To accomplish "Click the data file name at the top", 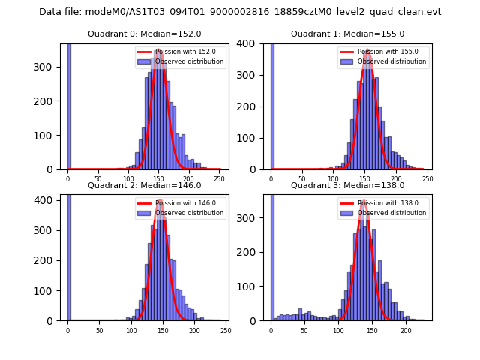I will point(240,12).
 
